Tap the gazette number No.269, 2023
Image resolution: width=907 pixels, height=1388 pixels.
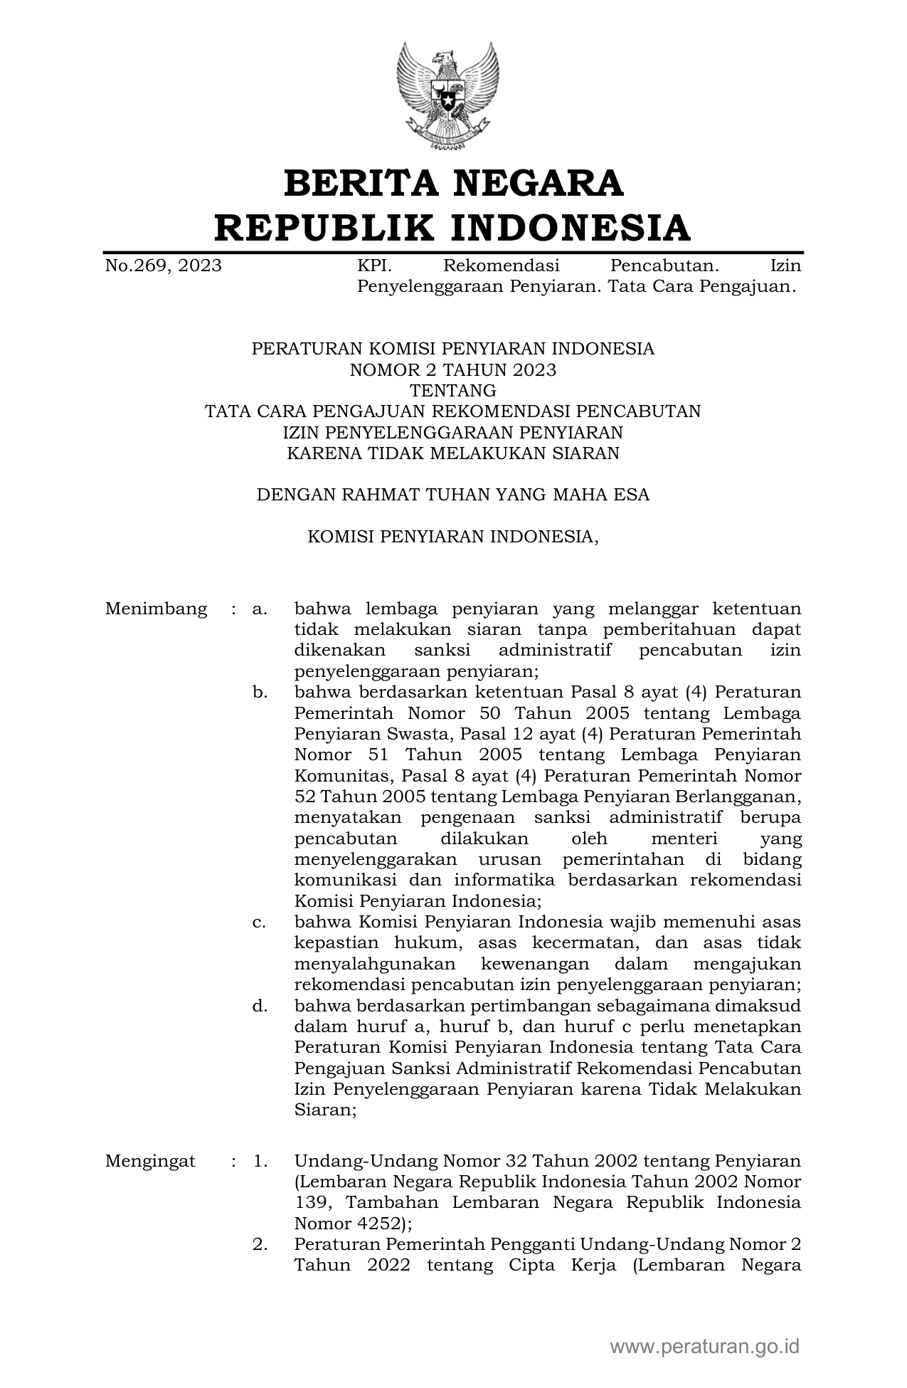pyautogui.click(x=163, y=266)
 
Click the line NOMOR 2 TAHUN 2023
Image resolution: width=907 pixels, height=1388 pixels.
pyautogui.click(x=452, y=369)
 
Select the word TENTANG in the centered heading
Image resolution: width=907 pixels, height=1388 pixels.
pyautogui.click(x=452, y=391)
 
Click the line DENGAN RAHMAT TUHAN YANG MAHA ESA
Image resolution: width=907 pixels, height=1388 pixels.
pyautogui.click(x=452, y=495)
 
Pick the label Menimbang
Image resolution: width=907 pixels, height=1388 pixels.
pyautogui.click(x=156, y=609)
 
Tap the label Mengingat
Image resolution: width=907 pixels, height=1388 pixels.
pyautogui.click(x=150, y=1161)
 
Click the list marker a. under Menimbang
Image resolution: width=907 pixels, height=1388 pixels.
pyautogui.click(x=259, y=609)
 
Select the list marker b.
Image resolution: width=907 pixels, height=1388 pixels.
pyautogui.click(x=259, y=693)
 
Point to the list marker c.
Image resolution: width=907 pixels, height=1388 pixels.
pyautogui.click(x=259, y=922)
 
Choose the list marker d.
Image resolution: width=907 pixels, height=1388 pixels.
pyautogui.click(x=259, y=1006)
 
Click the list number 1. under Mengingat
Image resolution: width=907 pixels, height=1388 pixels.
pyautogui.click(x=260, y=1161)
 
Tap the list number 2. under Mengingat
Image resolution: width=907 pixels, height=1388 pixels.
pyautogui.click(x=260, y=1244)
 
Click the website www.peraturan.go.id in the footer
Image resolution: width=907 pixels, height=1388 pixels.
pyautogui.click(x=704, y=1346)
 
